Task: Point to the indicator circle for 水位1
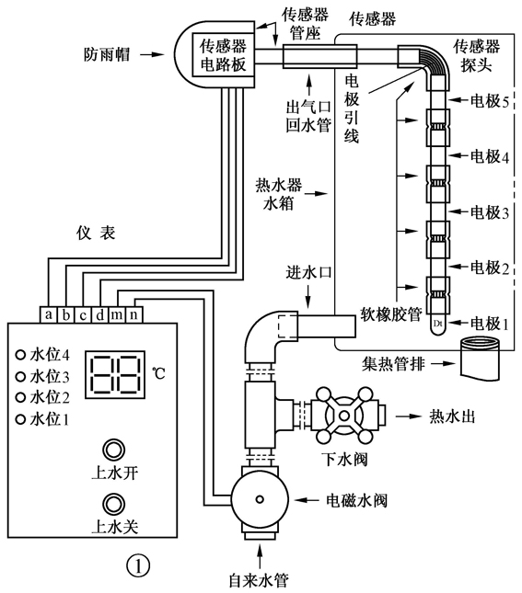coord(19,419)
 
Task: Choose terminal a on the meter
coord(48,314)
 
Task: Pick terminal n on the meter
coord(133,314)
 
